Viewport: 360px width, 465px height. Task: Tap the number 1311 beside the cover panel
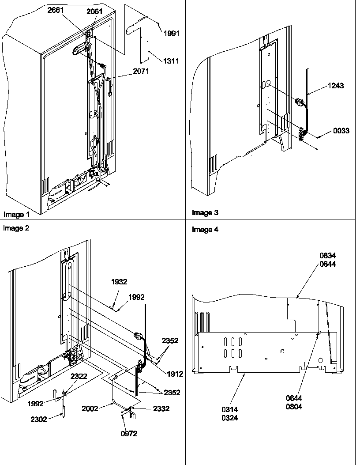tap(171, 61)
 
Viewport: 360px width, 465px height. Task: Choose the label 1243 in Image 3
tap(335, 86)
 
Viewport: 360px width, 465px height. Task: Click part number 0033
tap(341, 131)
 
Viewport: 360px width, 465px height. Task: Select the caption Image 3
tap(205, 213)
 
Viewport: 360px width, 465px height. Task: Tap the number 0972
tap(129, 434)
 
